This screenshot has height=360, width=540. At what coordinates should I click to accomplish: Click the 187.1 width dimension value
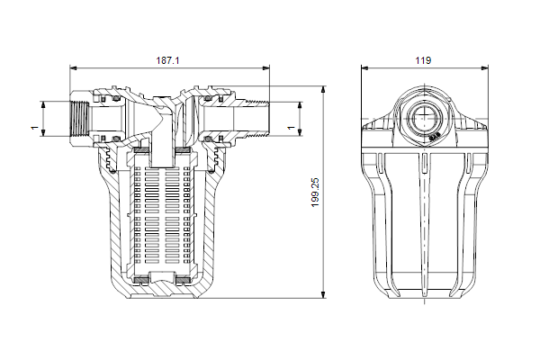coord(167,60)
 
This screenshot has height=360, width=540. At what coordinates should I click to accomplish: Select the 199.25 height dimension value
coord(315,193)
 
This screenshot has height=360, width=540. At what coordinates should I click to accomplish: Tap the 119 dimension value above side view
coord(423,60)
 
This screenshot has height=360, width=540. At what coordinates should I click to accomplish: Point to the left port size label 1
coord(34,128)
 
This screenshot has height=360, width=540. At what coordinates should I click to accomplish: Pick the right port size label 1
coord(292,128)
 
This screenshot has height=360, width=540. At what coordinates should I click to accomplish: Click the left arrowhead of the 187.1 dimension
coord(74,67)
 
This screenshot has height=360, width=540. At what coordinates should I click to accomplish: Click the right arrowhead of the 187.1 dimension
coord(265,67)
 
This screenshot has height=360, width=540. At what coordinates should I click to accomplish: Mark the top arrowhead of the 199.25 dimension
coord(323,90)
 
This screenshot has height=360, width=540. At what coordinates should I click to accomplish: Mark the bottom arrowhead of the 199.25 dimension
coord(323,294)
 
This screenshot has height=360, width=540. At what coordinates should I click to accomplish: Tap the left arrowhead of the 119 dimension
coord(364,67)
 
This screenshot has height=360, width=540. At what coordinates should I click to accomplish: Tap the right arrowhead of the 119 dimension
coord(484,67)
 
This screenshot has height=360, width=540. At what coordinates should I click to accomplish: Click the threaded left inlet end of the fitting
coord(80,119)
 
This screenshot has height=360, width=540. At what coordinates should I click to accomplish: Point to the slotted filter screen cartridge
coord(163,213)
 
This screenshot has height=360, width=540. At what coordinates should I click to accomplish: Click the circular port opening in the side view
coord(424,117)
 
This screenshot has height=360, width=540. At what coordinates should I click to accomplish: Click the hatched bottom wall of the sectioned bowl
coord(163,291)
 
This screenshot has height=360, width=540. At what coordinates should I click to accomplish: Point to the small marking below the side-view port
coord(435,137)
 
